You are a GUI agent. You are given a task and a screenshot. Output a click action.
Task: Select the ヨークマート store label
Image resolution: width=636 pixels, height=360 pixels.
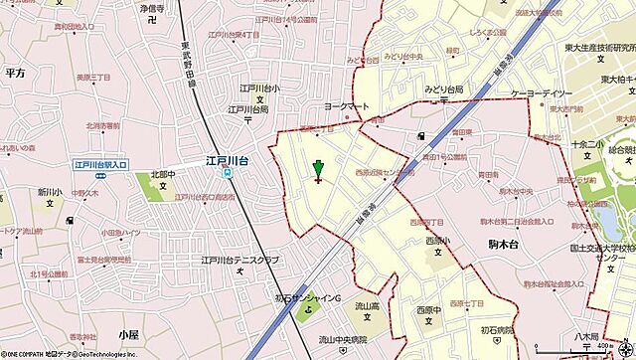click(340, 103)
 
